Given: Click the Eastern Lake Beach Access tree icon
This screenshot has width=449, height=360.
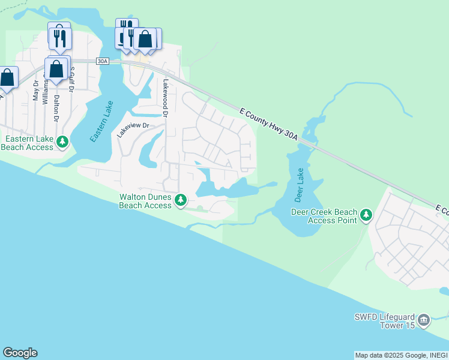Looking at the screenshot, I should (x=62, y=143).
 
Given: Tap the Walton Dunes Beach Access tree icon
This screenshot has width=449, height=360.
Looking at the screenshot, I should (x=180, y=200).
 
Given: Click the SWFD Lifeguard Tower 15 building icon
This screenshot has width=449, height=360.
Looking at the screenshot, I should (x=424, y=320).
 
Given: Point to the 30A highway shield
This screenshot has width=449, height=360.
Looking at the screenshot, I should (x=102, y=61).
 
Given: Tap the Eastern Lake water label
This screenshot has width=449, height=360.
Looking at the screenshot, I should (x=101, y=122).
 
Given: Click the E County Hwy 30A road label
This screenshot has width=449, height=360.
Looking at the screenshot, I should (x=268, y=125).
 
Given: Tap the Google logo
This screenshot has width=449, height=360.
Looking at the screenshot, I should (x=20, y=353).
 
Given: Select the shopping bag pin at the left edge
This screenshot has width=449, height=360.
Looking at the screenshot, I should (x=7, y=77).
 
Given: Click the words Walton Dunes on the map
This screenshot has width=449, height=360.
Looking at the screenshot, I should (x=146, y=197).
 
